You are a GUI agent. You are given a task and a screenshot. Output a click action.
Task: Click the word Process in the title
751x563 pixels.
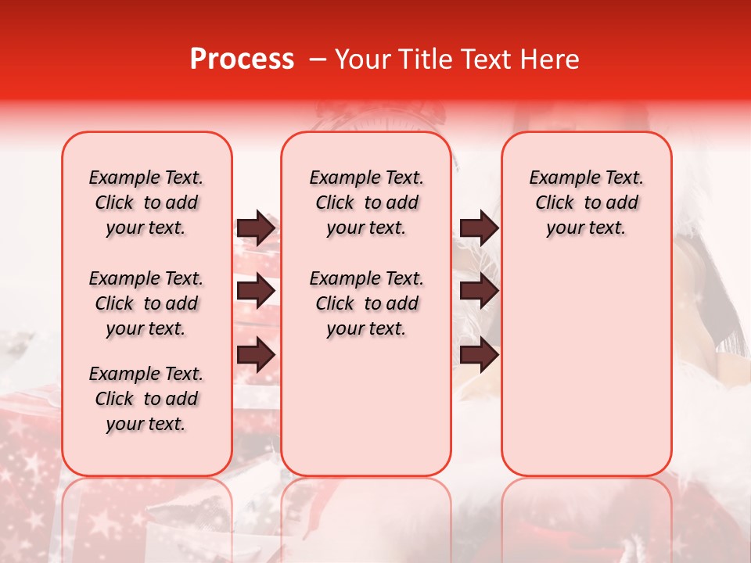(242, 59)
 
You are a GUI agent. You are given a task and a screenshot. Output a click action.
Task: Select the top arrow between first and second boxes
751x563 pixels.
(256, 228)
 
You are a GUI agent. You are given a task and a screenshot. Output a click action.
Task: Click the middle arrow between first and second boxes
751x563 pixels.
(256, 292)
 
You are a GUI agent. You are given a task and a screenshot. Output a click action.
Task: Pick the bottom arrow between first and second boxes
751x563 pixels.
(256, 355)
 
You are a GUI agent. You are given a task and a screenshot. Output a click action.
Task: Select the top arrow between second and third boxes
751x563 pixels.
(479, 228)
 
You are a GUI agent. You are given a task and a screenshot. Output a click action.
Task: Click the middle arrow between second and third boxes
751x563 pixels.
(479, 292)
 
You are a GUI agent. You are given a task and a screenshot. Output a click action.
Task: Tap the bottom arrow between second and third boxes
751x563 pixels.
(479, 355)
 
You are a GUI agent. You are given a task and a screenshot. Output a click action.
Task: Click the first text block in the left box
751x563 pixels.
(146, 203)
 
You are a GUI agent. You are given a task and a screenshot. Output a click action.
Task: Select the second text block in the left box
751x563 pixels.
(146, 303)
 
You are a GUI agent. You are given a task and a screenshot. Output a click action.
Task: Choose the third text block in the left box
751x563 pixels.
(146, 399)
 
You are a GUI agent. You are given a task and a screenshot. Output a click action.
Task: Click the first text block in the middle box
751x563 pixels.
(366, 203)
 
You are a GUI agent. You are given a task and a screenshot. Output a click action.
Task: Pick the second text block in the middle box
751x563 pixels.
(366, 303)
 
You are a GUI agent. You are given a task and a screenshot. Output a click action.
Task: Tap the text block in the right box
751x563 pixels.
(586, 203)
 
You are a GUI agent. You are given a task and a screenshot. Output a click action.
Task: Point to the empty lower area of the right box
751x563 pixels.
(586, 368)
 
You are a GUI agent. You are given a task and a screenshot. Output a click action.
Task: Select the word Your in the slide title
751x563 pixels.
(362, 59)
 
